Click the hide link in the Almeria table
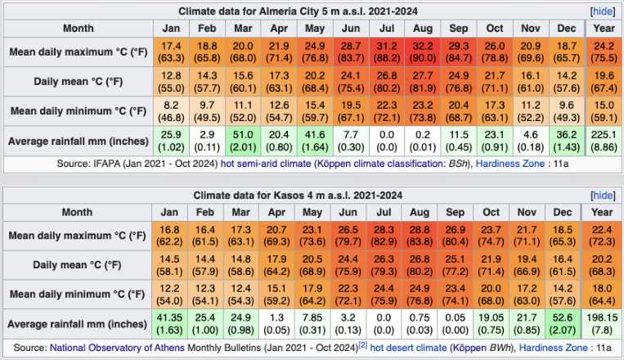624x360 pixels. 602,11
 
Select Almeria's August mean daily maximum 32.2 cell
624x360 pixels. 423,53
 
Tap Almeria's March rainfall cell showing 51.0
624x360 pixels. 242,140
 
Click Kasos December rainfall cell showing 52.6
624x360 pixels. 563,323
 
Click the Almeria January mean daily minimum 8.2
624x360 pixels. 170,111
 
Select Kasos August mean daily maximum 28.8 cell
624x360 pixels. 423,236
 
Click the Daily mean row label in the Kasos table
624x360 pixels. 78,265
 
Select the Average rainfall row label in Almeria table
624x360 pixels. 78,140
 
